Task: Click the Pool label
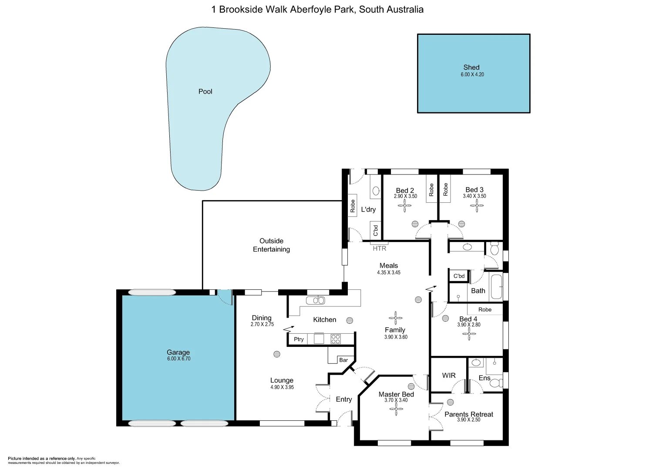click(205, 91)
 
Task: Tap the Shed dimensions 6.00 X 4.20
click(472, 74)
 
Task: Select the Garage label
click(178, 352)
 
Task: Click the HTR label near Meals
click(380, 248)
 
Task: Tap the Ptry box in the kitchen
click(299, 339)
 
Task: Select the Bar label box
click(343, 360)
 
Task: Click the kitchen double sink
click(315, 300)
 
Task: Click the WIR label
click(449, 375)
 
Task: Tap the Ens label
click(484, 378)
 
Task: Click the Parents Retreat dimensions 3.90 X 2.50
click(469, 420)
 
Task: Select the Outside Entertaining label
click(271, 245)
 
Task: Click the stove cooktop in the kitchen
click(336, 339)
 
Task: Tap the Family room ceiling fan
click(396, 318)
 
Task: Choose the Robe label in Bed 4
click(484, 309)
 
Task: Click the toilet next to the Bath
click(494, 249)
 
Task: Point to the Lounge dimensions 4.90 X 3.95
click(282, 387)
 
